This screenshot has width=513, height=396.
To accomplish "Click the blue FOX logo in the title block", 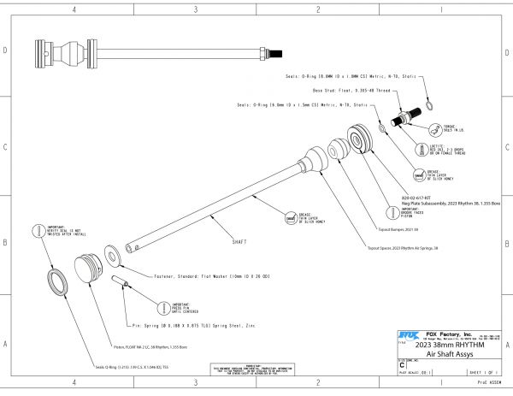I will tap(408, 334).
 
